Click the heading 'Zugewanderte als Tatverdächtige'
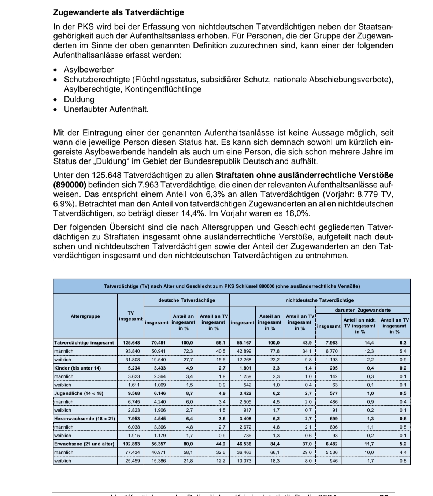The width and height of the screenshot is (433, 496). tap(118, 12)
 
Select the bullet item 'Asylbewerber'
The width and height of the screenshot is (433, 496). tap(89, 70)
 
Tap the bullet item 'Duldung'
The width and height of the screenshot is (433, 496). tap(79, 99)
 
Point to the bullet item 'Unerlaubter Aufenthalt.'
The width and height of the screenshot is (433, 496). tap(106, 109)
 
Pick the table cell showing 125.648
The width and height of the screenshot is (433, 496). tap(131, 343)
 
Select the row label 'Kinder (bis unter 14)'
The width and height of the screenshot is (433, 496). tap(77, 368)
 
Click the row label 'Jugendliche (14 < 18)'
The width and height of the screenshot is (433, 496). tap(78, 393)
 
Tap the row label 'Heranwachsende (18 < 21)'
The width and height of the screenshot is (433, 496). tap(84, 419)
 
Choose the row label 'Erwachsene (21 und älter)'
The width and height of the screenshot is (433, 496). tap(84, 444)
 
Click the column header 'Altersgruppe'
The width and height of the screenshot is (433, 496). tap(85, 316)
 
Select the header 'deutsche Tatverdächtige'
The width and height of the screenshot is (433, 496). tap(186, 300)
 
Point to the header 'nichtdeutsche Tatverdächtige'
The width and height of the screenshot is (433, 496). tap(319, 300)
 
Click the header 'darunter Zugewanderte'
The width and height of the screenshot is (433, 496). tap(363, 310)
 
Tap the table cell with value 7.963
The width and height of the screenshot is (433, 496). tap(332, 343)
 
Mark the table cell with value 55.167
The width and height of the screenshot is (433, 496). tap(244, 343)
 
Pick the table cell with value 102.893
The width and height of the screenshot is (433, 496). tap(131, 444)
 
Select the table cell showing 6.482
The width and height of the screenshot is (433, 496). tap(332, 444)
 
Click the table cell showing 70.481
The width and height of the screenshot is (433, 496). tap(159, 343)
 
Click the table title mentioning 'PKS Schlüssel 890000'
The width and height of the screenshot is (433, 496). tap(232, 286)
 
